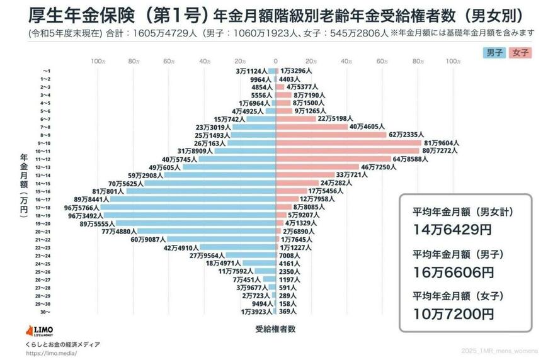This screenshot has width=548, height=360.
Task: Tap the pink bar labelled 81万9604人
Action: [348, 143]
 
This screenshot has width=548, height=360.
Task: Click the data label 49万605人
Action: [164, 167]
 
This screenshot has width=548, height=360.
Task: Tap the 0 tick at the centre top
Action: [275, 61]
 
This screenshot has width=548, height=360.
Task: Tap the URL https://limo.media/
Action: [52, 353]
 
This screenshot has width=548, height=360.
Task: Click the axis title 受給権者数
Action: [275, 329]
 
